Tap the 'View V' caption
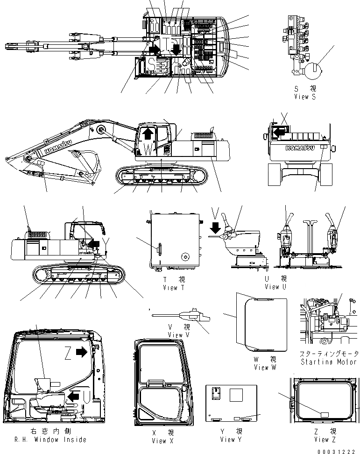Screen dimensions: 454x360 pyautogui.click(x=178, y=335)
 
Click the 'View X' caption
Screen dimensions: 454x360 pyautogui.click(x=159, y=441)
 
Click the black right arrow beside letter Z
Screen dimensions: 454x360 pyautogui.click(x=82, y=352)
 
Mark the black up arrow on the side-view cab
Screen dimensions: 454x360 pyautogui.click(x=147, y=134)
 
